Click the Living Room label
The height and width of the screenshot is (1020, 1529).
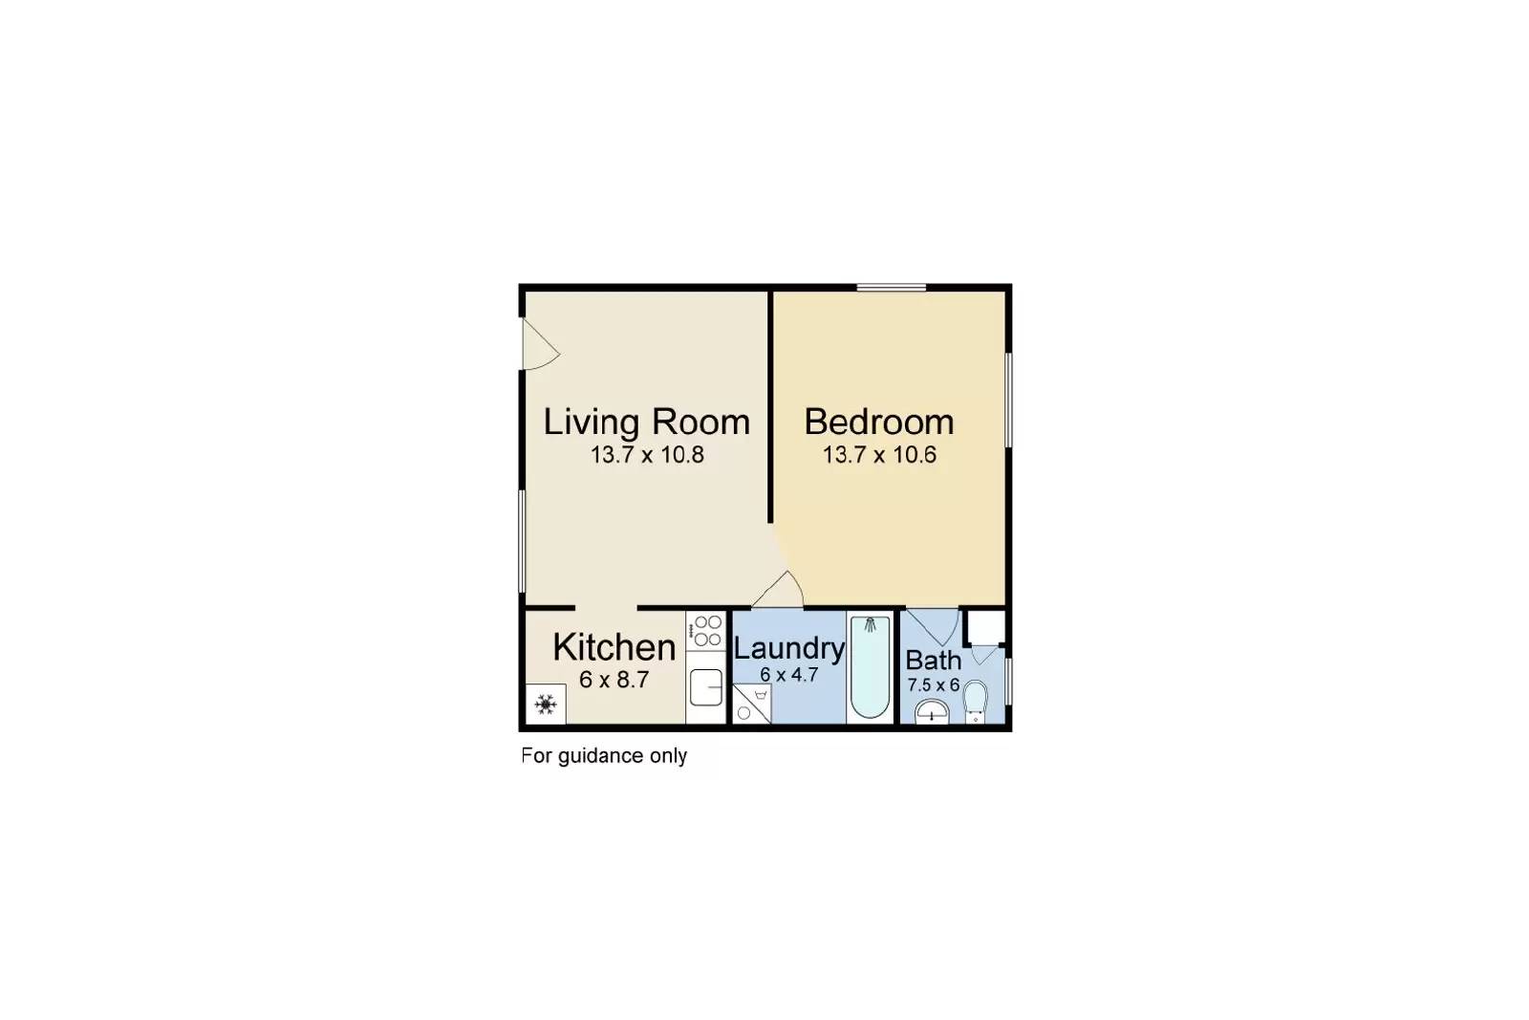coord(646,422)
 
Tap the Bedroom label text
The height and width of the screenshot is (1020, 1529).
coord(879,422)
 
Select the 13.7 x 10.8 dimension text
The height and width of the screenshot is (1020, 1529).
coord(647,455)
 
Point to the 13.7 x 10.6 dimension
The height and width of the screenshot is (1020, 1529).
coord(879,455)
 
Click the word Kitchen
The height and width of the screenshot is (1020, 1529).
coord(614,647)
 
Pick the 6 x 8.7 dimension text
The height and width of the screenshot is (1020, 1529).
coord(614,680)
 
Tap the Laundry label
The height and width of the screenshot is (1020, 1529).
coord(789,649)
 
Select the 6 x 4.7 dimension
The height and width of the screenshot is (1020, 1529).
coord(789,675)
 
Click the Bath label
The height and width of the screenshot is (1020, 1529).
coord(933,661)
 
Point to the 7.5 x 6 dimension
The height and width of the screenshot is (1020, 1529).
coord(933,684)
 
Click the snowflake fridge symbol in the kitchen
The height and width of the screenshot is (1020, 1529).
coord(546,704)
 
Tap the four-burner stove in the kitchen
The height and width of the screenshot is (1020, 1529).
coord(706,631)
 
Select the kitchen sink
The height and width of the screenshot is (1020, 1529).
coord(706,687)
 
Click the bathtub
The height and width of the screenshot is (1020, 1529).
coord(871,667)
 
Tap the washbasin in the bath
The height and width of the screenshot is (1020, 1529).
coord(932,712)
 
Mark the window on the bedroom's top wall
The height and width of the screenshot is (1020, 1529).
coord(892,288)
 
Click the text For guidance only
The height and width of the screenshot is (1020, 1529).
coord(604,756)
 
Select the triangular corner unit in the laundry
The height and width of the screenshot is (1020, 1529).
coord(751,704)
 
